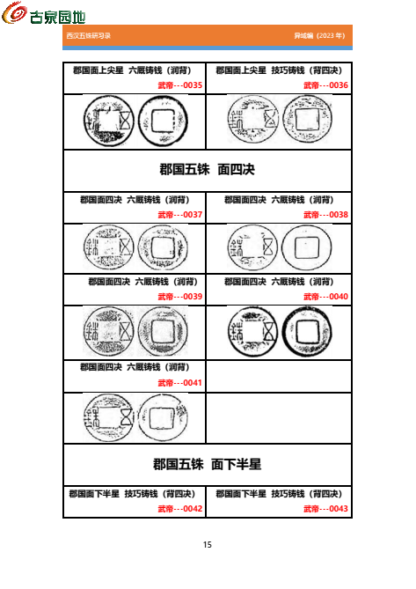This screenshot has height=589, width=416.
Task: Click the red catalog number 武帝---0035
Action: [180, 85]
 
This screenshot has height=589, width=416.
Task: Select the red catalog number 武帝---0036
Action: [325, 85]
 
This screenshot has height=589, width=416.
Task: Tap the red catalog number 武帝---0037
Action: [180, 214]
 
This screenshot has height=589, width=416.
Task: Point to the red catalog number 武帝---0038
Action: [325, 214]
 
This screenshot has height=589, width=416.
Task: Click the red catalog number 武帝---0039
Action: [180, 297]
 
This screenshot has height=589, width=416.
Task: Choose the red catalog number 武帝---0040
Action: [325, 297]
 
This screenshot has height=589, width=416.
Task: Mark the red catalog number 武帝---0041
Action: [180, 383]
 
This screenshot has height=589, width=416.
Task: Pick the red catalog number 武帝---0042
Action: [180, 509]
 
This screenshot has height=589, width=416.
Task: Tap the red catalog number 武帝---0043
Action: [325, 509]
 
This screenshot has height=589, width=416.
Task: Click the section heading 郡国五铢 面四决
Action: [208, 170]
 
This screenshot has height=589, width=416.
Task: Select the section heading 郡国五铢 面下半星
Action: [208, 464]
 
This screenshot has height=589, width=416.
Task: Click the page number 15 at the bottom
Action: [208, 545]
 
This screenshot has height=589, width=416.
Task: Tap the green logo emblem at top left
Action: [15, 15]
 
